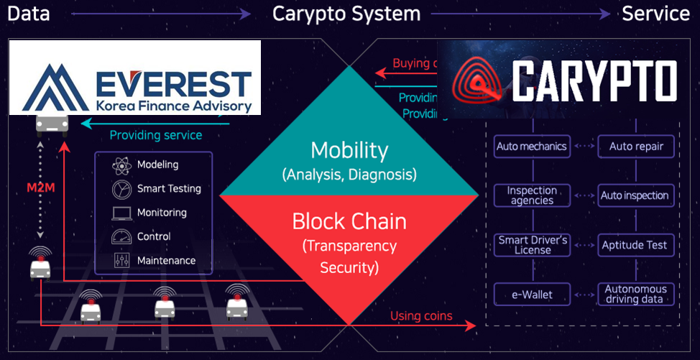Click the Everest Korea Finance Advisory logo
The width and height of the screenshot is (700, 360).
pyautogui.click(x=135, y=78)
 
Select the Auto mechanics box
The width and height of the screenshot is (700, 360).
pyautogui.click(x=532, y=147)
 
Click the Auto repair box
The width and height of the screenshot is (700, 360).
pyautogui.click(x=636, y=147)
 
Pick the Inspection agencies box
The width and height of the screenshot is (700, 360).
pyautogui.click(x=532, y=195)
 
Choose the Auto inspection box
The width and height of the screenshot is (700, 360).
pyautogui.click(x=635, y=195)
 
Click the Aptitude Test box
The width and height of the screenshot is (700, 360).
pyautogui.click(x=635, y=245)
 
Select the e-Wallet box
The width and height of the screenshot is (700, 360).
pyautogui.click(x=532, y=294)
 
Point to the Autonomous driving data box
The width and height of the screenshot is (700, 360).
pyautogui.click(x=635, y=294)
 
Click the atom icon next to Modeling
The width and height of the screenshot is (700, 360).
pyautogui.click(x=121, y=165)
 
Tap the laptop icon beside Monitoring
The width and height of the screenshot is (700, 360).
pyautogui.click(x=121, y=213)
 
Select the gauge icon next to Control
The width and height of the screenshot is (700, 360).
pyautogui.click(x=121, y=237)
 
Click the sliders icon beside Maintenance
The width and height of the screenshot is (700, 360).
pyautogui.click(x=121, y=261)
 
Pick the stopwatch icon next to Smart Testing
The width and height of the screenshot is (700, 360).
pyautogui.click(x=121, y=189)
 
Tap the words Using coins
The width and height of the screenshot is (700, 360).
pyautogui.click(x=421, y=316)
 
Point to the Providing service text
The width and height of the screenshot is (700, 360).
pyautogui.click(x=156, y=135)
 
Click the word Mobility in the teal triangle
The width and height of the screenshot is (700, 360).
pyautogui.click(x=349, y=151)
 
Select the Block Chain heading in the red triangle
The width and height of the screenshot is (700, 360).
pyautogui.click(x=349, y=221)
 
